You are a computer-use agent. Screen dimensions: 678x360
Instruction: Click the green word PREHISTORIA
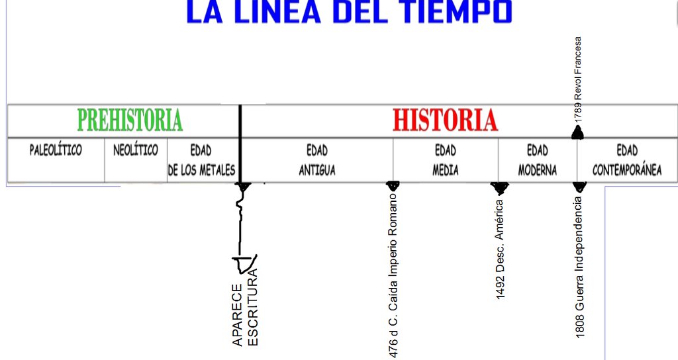(130, 120)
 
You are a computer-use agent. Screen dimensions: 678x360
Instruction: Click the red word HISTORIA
(444, 120)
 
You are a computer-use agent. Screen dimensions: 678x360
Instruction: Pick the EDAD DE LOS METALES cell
(201, 161)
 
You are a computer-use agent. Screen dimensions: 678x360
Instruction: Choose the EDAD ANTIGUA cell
(316, 161)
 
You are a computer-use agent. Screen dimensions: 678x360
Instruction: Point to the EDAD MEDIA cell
(445, 161)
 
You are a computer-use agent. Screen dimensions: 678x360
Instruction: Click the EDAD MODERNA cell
(537, 161)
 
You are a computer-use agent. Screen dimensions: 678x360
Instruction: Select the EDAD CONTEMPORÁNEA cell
(626, 161)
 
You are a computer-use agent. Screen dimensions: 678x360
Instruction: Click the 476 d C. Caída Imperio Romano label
(394, 275)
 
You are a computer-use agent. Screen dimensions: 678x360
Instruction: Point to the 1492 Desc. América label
(500, 249)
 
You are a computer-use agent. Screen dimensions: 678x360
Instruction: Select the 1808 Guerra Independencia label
(580, 267)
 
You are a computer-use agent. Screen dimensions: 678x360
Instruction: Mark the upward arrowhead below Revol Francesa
(577, 134)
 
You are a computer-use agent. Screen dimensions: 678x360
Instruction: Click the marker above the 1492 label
(500, 188)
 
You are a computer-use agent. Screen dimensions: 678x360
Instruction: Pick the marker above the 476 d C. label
(393, 187)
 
